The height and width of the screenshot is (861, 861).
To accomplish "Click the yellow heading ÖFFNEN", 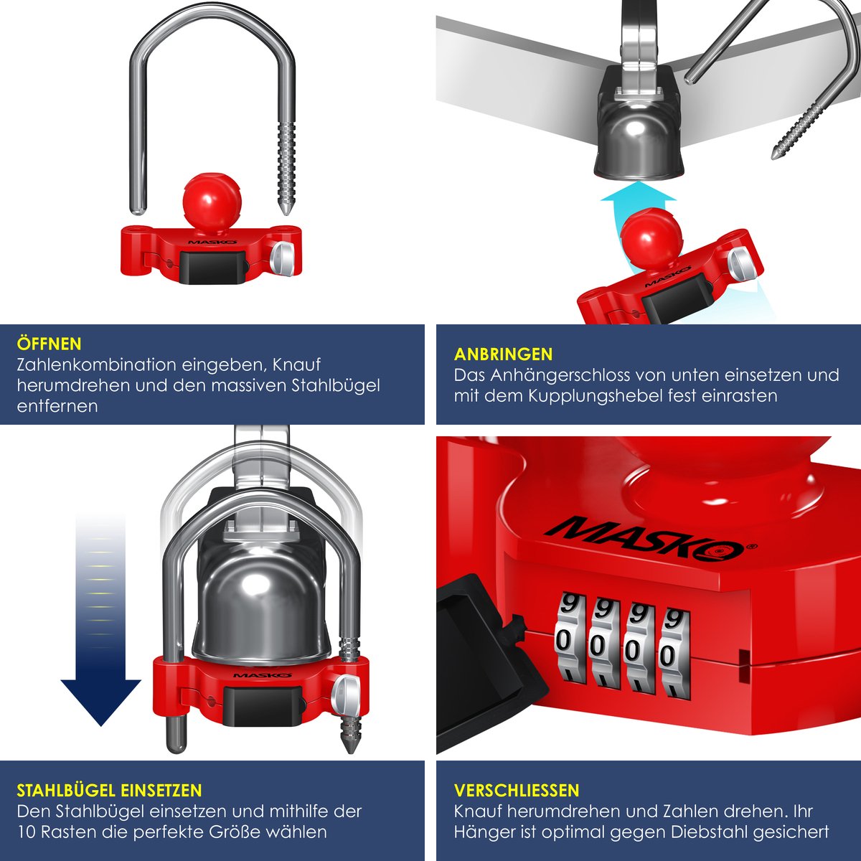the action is [50, 344].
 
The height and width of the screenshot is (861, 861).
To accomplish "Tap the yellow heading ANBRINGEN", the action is [503, 354].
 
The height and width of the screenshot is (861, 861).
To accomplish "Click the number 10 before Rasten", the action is [28, 832].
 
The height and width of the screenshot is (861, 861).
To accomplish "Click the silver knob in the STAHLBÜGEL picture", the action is [345, 691].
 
